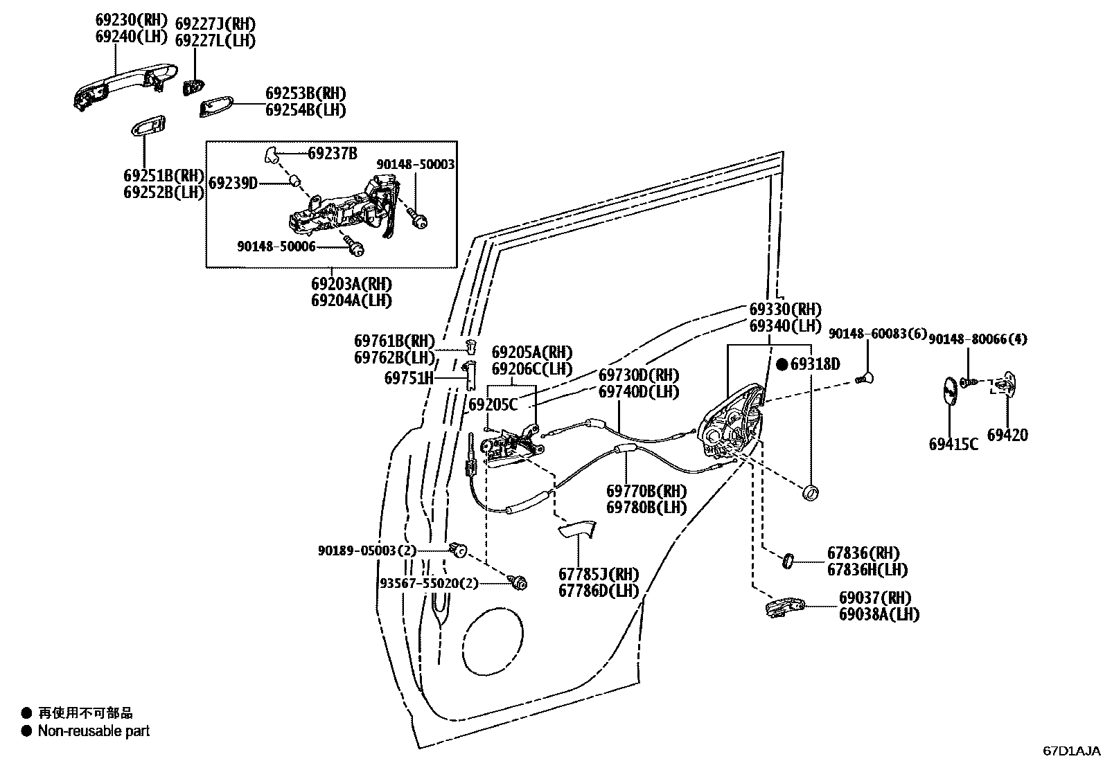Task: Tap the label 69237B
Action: coord(333,153)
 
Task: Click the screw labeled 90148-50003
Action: coord(418,218)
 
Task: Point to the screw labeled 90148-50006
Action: coord(356,247)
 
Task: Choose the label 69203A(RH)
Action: coord(351,284)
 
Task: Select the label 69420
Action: coord(1007,435)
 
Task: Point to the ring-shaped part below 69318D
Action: coord(810,493)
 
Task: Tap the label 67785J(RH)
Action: coord(599,575)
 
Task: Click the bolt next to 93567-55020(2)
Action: coord(518,583)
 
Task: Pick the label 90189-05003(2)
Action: coord(367,550)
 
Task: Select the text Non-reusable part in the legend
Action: coord(94,731)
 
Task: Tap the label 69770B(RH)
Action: coord(646,491)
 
